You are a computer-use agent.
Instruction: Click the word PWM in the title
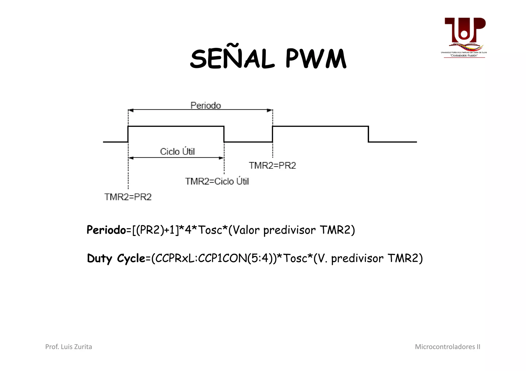(x=316, y=59)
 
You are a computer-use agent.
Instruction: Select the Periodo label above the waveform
(x=205, y=105)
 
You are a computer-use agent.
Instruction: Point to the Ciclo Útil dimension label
(x=177, y=152)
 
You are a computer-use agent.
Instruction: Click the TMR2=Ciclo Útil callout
(x=217, y=182)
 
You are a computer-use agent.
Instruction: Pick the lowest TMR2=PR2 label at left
(x=128, y=197)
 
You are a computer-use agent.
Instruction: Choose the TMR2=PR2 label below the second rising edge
(x=272, y=166)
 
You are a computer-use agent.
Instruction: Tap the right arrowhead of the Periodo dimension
(x=270, y=110)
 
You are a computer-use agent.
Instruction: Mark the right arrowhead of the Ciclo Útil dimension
(x=221, y=158)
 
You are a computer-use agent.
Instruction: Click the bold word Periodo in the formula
(x=106, y=230)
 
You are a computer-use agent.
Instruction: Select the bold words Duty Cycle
(x=116, y=258)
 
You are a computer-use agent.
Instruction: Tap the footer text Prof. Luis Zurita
(x=69, y=347)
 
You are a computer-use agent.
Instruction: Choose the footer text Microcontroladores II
(x=447, y=347)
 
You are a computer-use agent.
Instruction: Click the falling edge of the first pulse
(x=224, y=134)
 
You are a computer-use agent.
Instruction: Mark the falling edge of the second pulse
(x=368, y=134)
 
